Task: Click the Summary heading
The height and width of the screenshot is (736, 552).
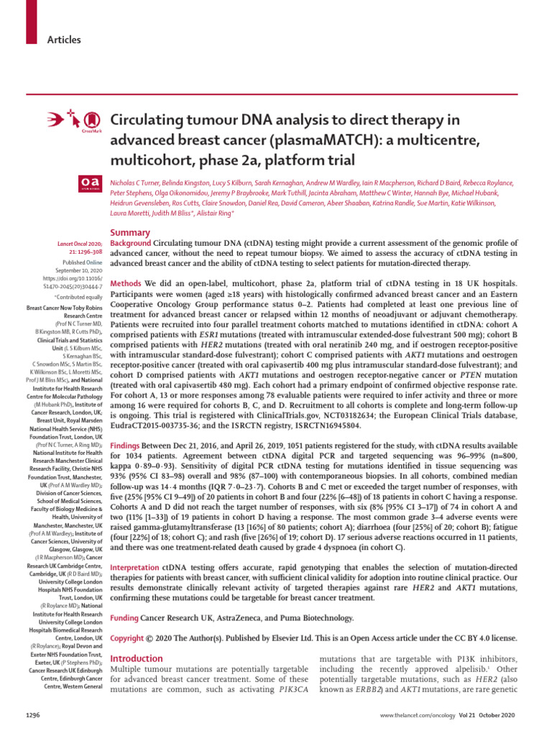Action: (129, 233)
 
